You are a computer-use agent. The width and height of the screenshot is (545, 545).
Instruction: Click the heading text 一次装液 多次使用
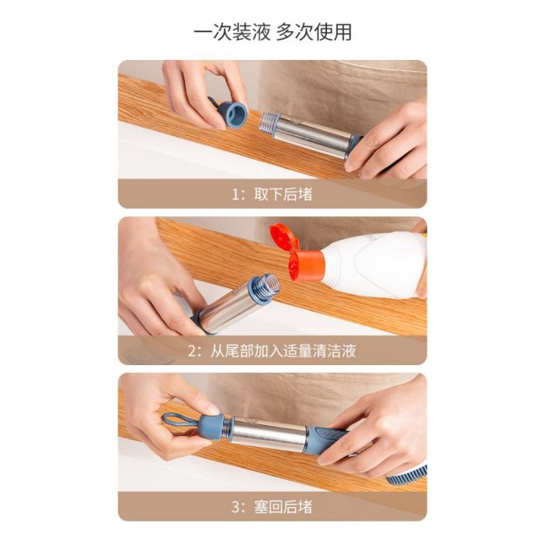coord(272,32)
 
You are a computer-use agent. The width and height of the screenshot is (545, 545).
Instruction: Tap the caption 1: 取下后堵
coord(272,195)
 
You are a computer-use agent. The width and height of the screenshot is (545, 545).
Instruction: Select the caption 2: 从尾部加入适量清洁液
coord(272,350)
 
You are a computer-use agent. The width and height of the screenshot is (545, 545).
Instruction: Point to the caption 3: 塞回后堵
coord(272,507)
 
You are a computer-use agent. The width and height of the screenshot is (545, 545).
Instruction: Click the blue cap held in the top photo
coord(230,114)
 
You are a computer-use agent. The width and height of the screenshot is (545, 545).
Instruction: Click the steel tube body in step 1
coord(311,135)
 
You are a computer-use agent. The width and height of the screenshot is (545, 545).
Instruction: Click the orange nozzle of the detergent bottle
coord(305,265)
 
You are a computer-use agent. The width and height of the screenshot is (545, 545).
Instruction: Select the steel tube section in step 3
coord(269,434)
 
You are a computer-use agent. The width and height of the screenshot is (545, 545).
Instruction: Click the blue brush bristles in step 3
coord(407,477)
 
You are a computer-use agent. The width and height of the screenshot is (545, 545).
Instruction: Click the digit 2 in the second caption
coord(192,351)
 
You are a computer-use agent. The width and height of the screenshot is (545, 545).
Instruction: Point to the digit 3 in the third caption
coord(236,508)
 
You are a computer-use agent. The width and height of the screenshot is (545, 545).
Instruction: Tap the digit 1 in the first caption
coord(236,195)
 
